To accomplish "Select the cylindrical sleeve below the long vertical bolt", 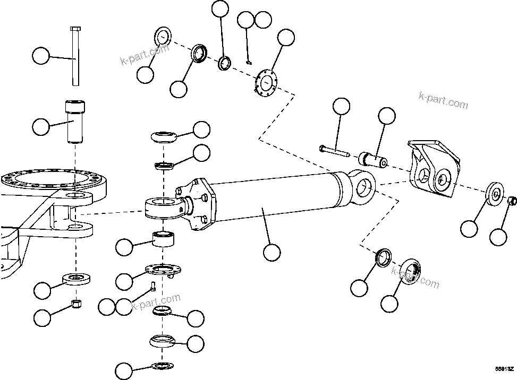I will [74, 123].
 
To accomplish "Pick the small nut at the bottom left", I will [76, 304].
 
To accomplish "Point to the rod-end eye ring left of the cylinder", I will [164, 207].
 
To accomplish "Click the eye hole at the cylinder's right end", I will [363, 185].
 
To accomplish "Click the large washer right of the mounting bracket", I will [494, 193].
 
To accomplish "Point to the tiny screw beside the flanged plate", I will [152, 287].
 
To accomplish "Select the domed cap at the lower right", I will [409, 273].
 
